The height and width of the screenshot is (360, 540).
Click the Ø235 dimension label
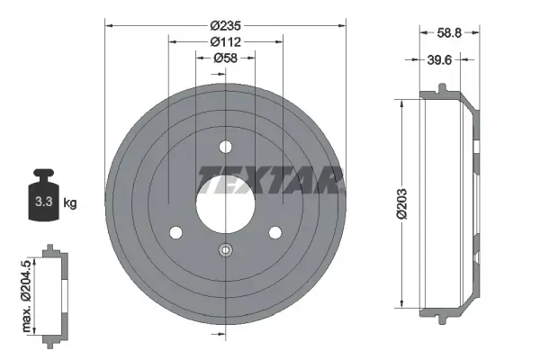pos(225,26)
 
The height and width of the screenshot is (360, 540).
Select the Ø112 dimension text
pos(225,41)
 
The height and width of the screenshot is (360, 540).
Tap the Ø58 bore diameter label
pos(225,58)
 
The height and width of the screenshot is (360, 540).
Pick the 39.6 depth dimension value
pos(439,60)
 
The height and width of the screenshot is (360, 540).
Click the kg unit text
pos(70,203)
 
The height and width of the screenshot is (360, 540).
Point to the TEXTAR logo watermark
pos(270,177)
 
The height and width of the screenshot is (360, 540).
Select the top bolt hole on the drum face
pos(225,147)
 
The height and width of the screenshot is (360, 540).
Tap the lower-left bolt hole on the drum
pos(175,233)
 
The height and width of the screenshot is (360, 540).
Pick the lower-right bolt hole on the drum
pos(274,233)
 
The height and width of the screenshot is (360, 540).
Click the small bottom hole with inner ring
pos(225,251)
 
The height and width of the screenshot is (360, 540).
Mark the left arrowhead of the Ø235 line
pos(109,26)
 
